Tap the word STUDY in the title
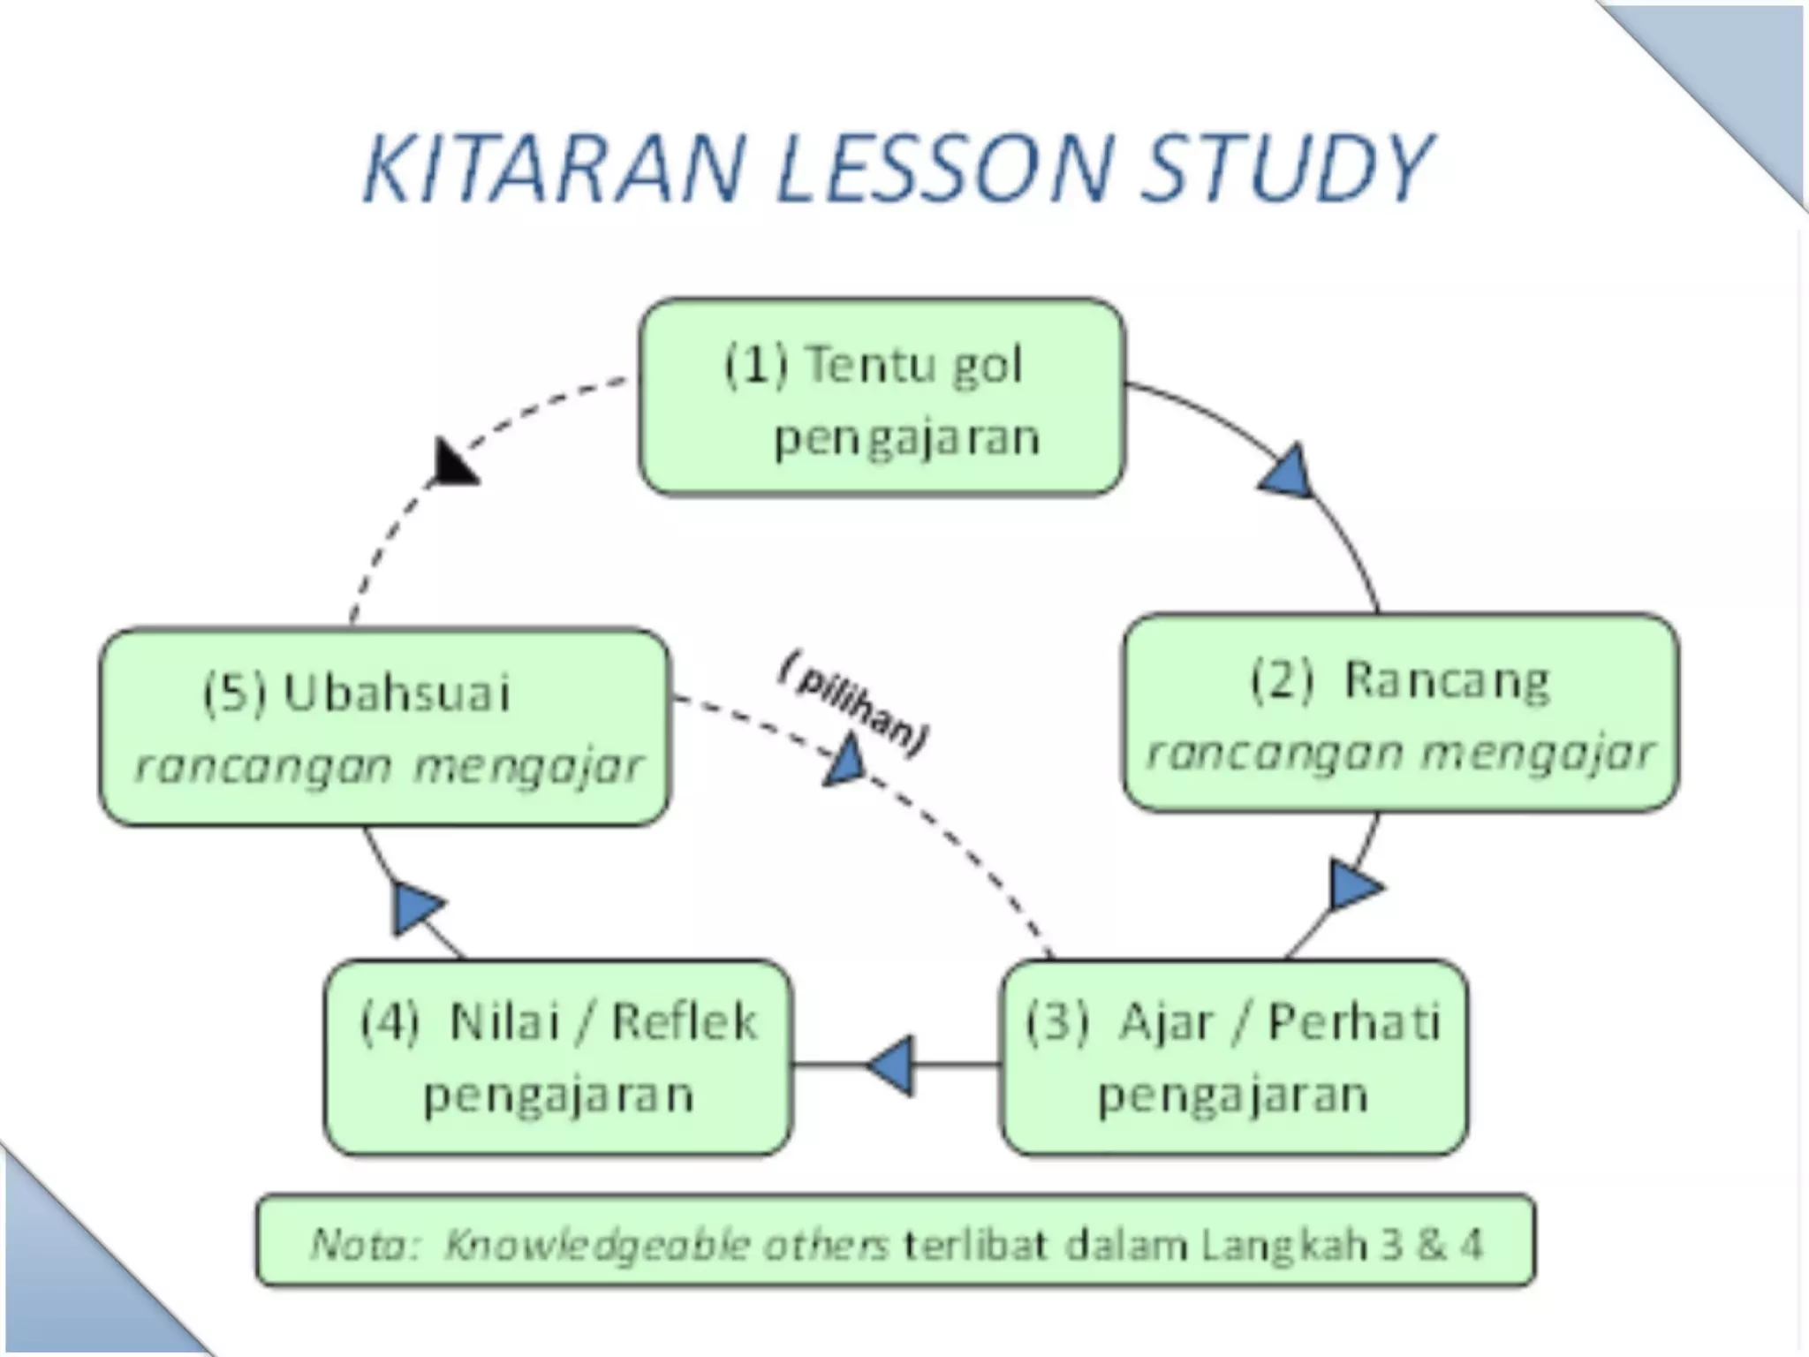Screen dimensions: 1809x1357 [1286, 168]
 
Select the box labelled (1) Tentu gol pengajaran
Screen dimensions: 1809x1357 [882, 398]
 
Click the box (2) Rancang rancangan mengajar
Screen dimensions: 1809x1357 [1400, 712]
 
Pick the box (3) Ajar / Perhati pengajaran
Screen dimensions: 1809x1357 [1233, 1058]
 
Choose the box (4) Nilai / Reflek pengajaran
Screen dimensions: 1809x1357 [558, 1058]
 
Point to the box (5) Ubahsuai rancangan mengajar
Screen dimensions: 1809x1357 [385, 727]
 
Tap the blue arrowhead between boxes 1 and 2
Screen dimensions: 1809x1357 [1288, 473]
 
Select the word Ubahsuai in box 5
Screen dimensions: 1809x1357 [397, 694]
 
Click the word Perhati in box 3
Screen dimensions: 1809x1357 [1354, 1022]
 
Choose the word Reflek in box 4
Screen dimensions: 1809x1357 [684, 1022]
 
